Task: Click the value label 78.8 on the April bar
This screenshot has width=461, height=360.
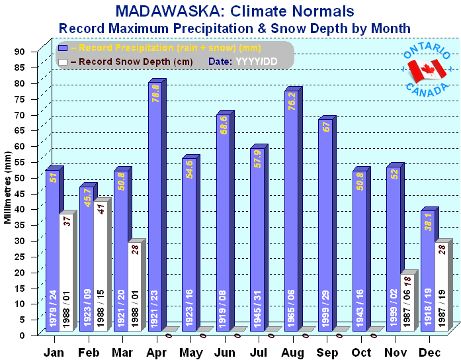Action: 155,92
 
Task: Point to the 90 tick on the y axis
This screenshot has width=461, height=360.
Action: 20,52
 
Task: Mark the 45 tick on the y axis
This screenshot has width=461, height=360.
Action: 20,193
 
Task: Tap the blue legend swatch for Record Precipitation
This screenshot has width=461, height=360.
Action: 63,48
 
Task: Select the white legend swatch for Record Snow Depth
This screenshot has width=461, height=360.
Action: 63,61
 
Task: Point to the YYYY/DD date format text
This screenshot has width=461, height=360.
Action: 261,61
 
